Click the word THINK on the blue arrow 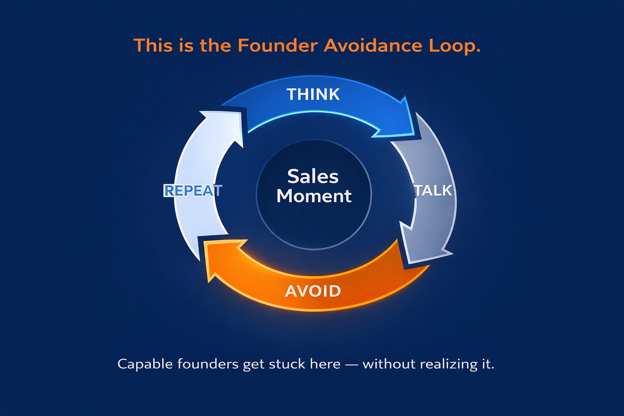click(313, 94)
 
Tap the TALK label click(433, 191)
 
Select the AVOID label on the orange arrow click(313, 291)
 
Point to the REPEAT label click(193, 191)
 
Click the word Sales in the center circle click(313, 176)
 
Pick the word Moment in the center click(314, 196)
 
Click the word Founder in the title click(278, 45)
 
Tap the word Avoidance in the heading click(373, 45)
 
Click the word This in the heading click(153, 45)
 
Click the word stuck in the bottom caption click(287, 364)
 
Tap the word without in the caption click(389, 364)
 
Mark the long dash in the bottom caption click(352, 364)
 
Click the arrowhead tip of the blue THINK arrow click(414, 135)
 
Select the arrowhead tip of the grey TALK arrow click(410, 262)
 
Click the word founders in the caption click(208, 364)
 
